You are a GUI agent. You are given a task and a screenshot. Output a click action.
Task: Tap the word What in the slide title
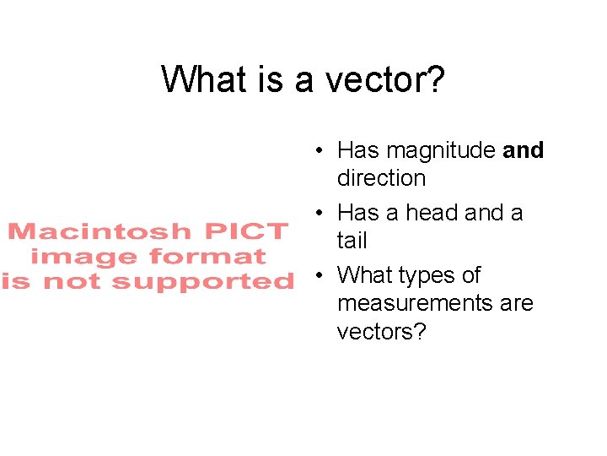pos(196,79)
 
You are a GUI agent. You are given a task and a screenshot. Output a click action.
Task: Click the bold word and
pos(524,150)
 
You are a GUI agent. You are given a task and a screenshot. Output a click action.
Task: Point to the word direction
pos(381,178)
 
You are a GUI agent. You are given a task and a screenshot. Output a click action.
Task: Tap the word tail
pos(352,241)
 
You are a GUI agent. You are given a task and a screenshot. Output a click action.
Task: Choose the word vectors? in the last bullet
pos(382,331)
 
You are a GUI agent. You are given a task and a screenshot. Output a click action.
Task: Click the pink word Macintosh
pos(99,231)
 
